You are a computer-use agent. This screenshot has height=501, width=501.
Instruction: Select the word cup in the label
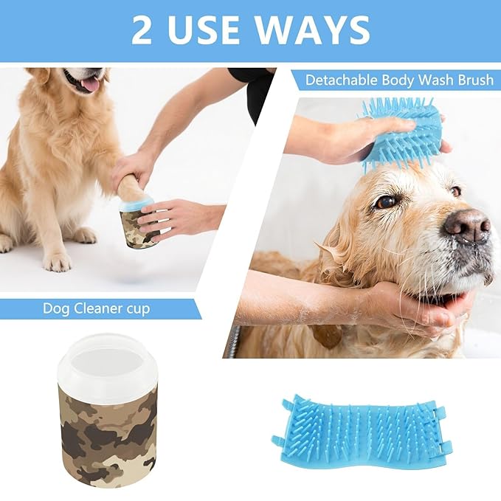pos(136,308)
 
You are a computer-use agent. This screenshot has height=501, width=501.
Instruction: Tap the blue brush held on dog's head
pos(402,133)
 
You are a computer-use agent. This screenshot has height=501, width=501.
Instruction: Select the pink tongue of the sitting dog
pos(90,84)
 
